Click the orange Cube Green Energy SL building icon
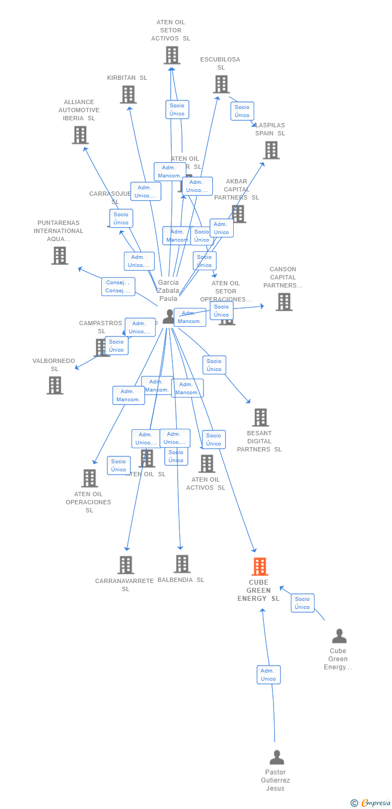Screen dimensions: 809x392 tap(260, 567)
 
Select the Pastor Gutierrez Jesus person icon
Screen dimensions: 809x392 tap(277, 757)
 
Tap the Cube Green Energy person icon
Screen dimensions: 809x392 tap(339, 636)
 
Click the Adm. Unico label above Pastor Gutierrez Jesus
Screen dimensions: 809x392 tap(268, 675)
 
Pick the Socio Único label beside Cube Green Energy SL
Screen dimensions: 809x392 tap(302, 603)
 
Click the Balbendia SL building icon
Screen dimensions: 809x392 tap(182, 564)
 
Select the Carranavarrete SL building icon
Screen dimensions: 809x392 tap(125, 565)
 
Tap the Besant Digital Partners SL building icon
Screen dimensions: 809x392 tap(260, 417)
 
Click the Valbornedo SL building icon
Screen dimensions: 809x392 tap(54, 386)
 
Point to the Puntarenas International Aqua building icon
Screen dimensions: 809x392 tap(59, 256)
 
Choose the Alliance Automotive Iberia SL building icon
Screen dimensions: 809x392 tap(80, 135)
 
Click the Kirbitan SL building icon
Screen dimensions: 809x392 tap(128, 95)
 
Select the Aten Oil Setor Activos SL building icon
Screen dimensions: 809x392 tap(171, 56)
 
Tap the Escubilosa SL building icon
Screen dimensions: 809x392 tap(221, 85)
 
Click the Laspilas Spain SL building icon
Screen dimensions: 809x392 tap(271, 150)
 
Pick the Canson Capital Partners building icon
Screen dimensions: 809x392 tap(283, 302)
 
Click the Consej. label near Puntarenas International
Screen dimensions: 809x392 tap(118, 286)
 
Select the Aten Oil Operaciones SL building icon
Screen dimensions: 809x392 tap(89, 478)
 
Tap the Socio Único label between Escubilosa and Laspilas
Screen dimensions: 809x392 tap(242, 111)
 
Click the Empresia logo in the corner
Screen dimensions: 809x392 tap(371, 803)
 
